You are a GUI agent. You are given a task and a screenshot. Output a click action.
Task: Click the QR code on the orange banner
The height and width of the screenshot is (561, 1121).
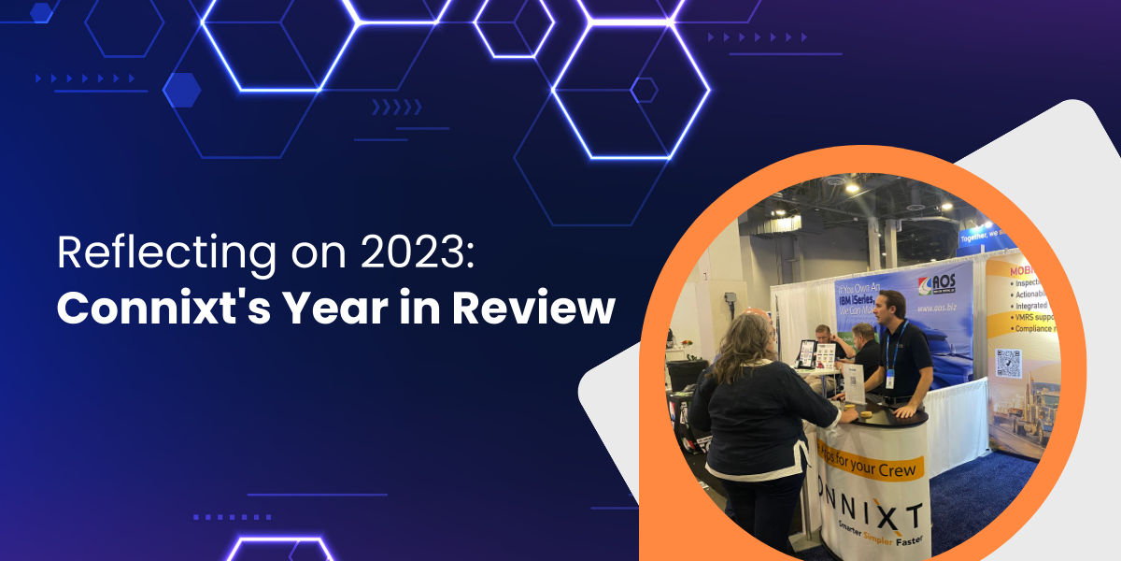pos(1008,362)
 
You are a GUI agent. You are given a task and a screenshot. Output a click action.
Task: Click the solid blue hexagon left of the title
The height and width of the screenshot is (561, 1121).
pos(181,90)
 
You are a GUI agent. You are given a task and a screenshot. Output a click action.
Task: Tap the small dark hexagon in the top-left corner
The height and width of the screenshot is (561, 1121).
pos(41,12)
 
